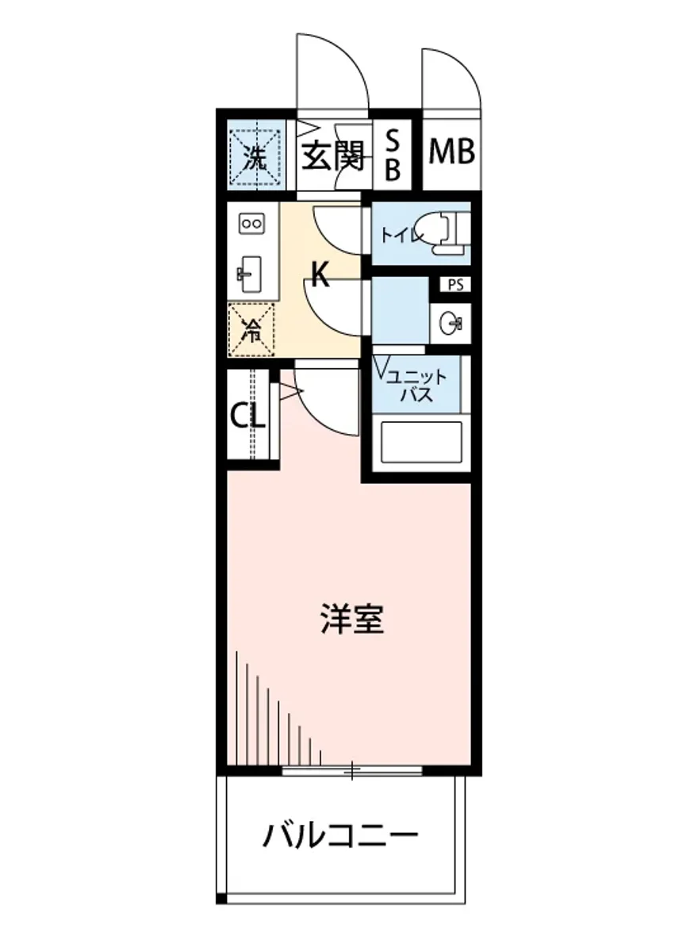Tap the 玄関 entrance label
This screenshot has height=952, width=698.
click(333, 155)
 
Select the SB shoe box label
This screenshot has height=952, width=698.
click(393, 155)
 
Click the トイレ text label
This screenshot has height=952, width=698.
click(399, 236)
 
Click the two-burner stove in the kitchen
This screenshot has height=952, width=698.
click(251, 224)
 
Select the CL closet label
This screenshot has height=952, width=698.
click(247, 415)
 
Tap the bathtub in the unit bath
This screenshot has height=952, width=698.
click(421, 443)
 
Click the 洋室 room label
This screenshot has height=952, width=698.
click(352, 620)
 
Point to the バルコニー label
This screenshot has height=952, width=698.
click(341, 835)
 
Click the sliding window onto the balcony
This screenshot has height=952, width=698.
click(351, 770)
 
